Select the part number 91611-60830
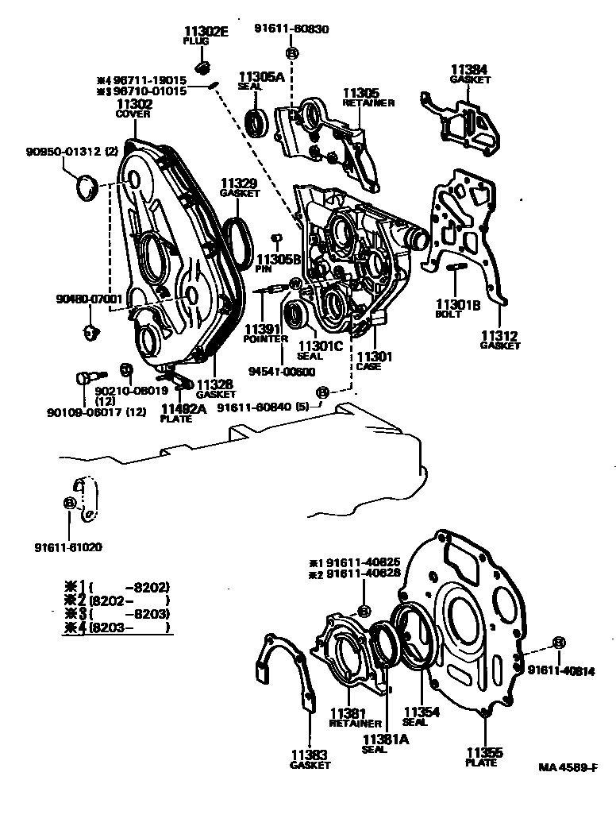point(292,29)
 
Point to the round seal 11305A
point(255,123)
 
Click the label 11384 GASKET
point(470,74)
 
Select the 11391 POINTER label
point(265,334)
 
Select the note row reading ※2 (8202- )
point(117,600)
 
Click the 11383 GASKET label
point(310,759)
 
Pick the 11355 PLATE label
point(483,756)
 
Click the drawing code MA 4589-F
point(567,767)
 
